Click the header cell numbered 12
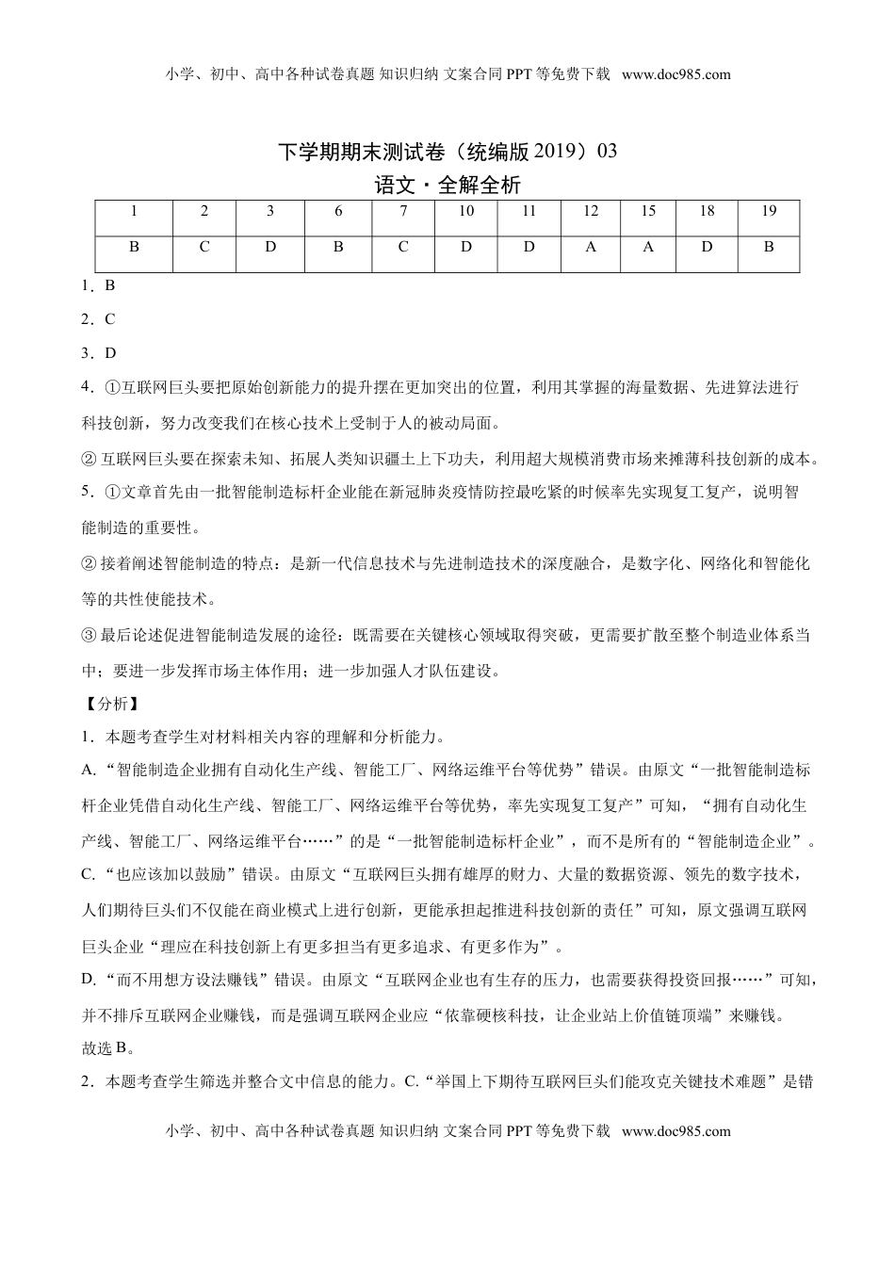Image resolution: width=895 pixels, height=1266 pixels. click(591, 211)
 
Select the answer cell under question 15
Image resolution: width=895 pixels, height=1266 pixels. click(648, 247)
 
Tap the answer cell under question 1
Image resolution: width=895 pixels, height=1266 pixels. click(134, 247)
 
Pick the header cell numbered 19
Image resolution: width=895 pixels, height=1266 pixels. click(769, 211)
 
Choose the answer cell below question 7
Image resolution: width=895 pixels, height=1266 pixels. click(403, 247)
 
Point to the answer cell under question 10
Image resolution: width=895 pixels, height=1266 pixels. click(466, 247)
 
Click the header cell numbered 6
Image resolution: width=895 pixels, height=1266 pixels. click(338, 211)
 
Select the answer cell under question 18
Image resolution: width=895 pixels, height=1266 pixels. click(707, 247)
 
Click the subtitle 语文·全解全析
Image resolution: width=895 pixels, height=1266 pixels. click(447, 186)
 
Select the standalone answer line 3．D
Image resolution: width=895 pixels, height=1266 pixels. click(98, 353)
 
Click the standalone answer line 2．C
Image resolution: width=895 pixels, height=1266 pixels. click(98, 319)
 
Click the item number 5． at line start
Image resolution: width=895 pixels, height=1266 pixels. click(88, 492)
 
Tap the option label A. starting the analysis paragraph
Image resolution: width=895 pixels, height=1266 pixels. click(89, 770)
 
